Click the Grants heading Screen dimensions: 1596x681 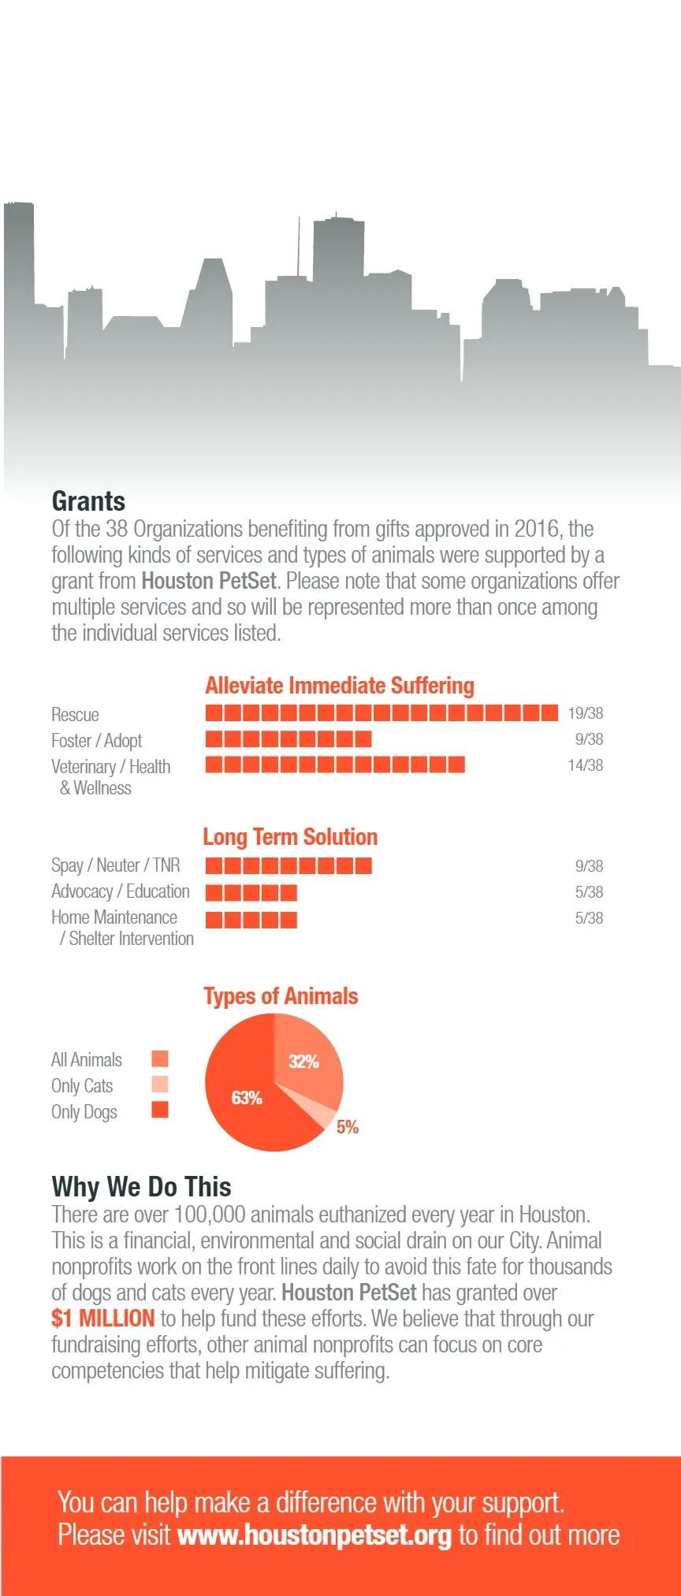point(88,502)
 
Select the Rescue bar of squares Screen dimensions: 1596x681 point(381,713)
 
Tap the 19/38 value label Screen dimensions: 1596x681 point(585,713)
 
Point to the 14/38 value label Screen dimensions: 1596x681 point(585,765)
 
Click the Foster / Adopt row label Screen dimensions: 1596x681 point(96,741)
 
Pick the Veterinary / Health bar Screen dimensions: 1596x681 point(335,765)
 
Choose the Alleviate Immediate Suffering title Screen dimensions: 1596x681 point(340,686)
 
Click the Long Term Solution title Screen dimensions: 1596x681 point(290,837)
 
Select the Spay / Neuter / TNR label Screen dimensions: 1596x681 point(115,865)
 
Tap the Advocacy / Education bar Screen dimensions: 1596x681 point(251,892)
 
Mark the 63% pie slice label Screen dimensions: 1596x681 point(247,1098)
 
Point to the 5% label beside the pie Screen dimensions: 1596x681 point(348,1127)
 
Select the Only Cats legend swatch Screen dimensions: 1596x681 point(160,1084)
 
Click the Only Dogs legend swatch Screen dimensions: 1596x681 point(160,1111)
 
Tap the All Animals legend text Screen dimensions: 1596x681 point(87,1060)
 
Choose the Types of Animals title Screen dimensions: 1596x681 point(281,996)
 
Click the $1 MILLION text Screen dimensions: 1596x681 point(103,1319)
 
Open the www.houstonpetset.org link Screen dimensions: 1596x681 point(314,1535)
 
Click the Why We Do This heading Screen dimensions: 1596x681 point(141,1187)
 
